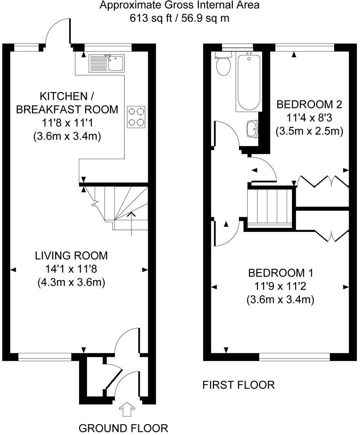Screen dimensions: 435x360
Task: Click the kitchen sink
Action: [x=106, y=63]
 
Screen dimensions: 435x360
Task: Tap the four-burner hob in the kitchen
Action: [x=136, y=117]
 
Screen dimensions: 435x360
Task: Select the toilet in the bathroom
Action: [x=224, y=65]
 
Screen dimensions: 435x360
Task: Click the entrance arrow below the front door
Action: [x=128, y=409]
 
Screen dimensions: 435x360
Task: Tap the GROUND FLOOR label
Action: [x=123, y=428]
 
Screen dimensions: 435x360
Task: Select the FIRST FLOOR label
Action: [x=238, y=385]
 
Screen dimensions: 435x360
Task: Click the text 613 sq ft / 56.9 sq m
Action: [x=179, y=18]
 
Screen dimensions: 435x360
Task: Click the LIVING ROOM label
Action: [x=71, y=255]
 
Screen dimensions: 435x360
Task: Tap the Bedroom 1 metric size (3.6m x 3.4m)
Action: [x=280, y=300]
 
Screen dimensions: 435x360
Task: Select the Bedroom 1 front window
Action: [x=294, y=357]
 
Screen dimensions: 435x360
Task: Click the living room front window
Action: [x=45, y=357]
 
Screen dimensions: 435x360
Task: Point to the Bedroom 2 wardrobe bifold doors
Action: [x=323, y=181]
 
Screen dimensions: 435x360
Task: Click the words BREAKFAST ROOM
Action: [x=67, y=109]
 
